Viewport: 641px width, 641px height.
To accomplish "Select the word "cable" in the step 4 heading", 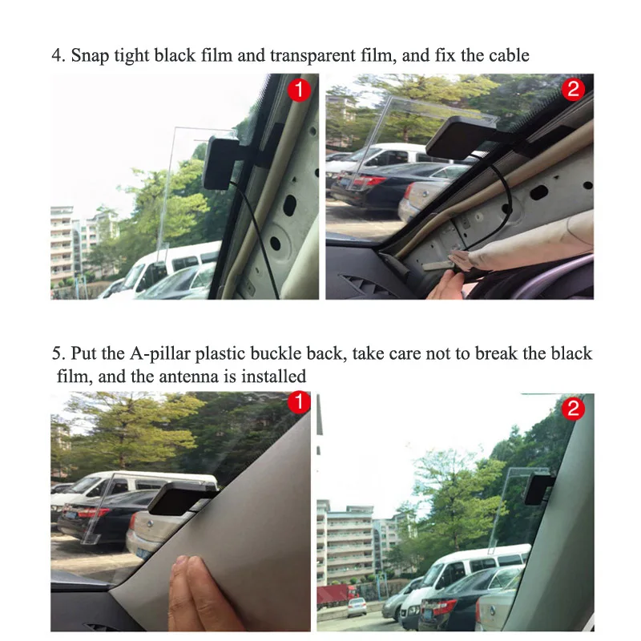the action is click(509, 55).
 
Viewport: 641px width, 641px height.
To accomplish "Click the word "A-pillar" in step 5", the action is click(160, 354).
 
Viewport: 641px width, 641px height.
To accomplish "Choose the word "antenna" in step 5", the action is click(188, 377).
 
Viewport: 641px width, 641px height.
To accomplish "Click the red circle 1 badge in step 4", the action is click(300, 90).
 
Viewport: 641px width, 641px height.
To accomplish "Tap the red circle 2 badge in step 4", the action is click(573, 89).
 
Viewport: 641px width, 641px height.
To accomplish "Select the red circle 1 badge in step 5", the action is click(299, 402).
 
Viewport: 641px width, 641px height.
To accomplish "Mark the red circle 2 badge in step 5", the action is click(573, 409).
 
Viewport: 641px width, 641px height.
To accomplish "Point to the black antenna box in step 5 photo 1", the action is click(179, 497).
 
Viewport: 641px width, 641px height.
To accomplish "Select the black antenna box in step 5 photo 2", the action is click(538, 489).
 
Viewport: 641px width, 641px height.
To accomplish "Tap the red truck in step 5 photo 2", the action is click(335, 595).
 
